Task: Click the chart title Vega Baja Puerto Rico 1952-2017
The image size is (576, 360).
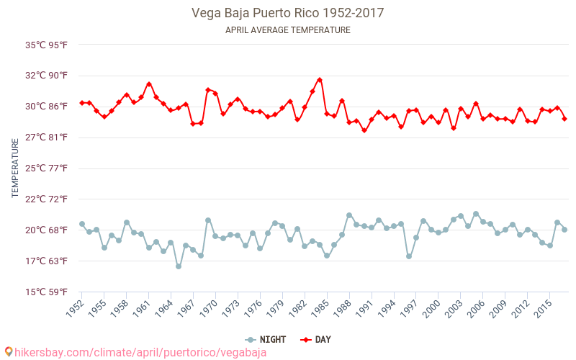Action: pos(287,13)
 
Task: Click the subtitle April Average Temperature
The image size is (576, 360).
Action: pos(287,30)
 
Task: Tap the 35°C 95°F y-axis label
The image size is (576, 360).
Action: pos(47,45)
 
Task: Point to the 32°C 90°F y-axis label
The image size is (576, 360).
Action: pos(47,76)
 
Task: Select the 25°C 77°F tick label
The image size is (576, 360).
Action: pos(47,168)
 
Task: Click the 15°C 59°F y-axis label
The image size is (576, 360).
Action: pos(47,292)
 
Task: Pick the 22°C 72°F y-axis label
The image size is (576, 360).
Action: pos(47,199)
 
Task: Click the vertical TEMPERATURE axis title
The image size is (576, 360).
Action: pos(15,168)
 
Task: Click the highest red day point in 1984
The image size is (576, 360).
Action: pos(320,80)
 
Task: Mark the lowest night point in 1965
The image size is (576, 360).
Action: pos(179,266)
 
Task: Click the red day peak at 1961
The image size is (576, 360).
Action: pos(149,84)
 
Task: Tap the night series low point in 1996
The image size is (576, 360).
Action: pos(409,256)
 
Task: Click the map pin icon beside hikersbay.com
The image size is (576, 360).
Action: pos(8,352)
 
